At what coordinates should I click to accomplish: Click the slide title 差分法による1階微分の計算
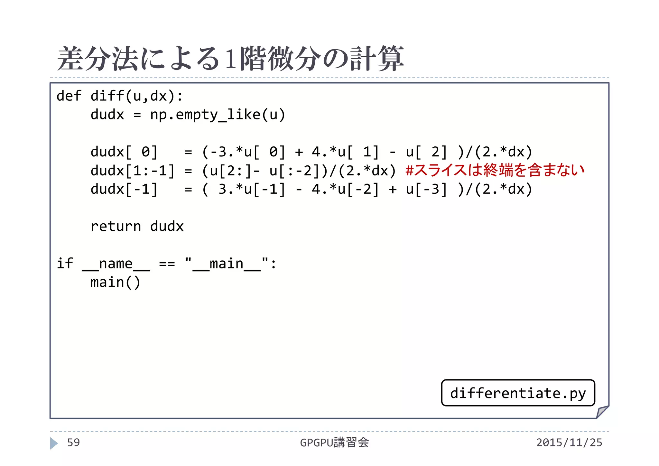click(230, 59)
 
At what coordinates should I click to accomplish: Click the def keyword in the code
click(69, 96)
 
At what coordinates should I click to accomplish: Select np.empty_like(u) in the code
click(218, 115)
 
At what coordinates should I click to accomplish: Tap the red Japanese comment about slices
click(495, 170)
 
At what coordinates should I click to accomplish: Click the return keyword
click(116, 226)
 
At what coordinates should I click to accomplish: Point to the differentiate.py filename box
click(518, 393)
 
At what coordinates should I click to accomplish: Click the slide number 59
click(73, 443)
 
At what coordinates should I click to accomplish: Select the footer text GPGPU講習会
click(334, 443)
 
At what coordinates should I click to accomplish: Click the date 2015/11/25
click(569, 443)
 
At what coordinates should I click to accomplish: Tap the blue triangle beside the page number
click(54, 443)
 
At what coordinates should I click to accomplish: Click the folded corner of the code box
click(602, 412)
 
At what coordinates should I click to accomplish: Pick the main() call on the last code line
click(116, 283)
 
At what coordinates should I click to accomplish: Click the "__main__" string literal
click(227, 264)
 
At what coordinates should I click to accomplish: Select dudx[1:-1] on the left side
click(132, 171)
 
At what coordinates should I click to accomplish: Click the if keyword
click(65, 264)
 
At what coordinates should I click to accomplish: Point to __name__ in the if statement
click(116, 264)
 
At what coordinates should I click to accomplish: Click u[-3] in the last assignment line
click(426, 189)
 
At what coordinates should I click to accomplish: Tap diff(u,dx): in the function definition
click(137, 96)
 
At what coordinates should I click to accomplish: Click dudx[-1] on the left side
click(124, 189)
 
